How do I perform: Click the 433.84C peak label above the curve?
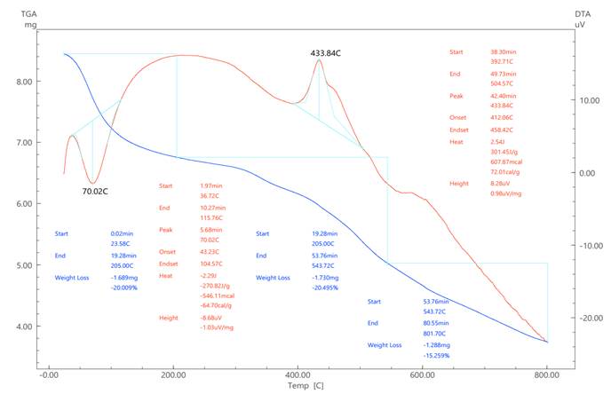(326, 53)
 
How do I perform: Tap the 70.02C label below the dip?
(95, 191)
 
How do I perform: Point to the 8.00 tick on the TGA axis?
(20, 82)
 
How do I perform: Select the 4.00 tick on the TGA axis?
(20, 327)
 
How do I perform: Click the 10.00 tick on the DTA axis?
(588, 100)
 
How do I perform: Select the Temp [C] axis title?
(305, 386)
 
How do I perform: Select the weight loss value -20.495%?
(324, 288)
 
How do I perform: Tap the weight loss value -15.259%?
(436, 355)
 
